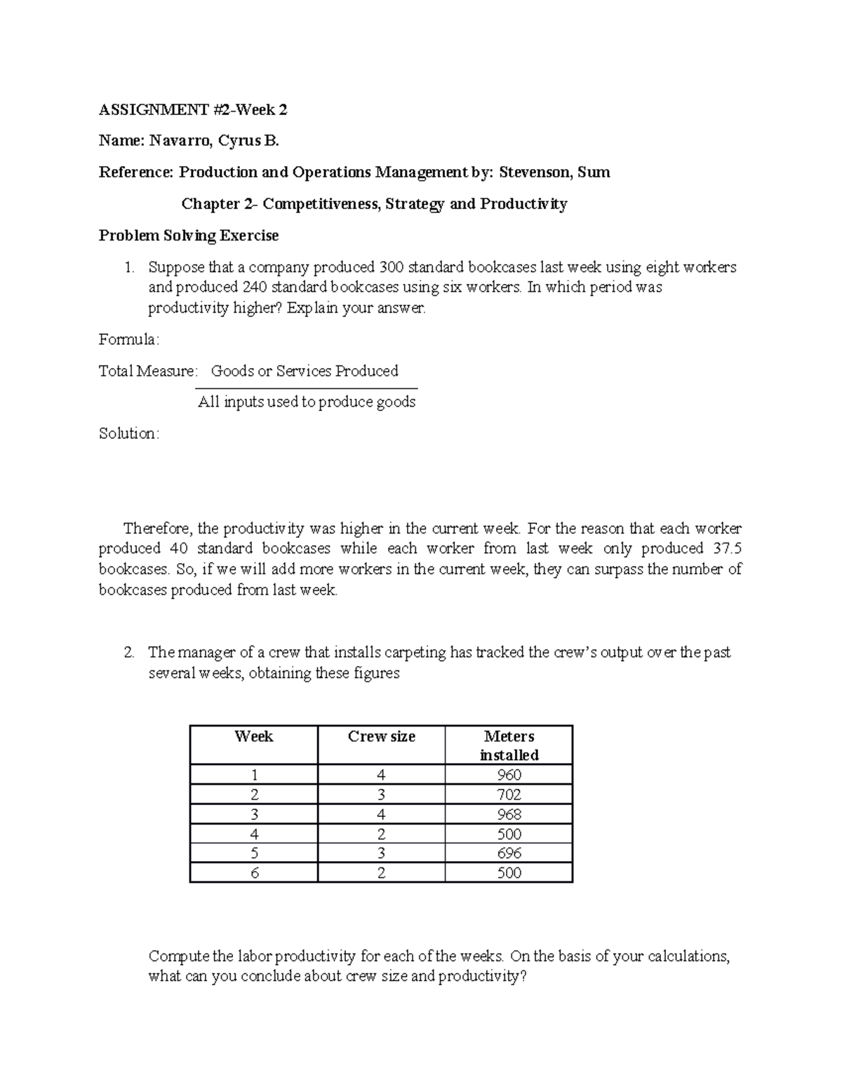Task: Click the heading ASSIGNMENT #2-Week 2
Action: (193, 110)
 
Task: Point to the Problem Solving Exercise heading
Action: (189, 236)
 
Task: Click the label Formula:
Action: (129, 340)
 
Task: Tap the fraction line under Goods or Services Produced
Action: (306, 388)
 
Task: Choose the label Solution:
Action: (129, 434)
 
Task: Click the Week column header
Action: (254, 736)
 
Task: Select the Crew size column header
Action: (382, 736)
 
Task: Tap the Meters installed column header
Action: (509, 745)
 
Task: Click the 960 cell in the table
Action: (509, 775)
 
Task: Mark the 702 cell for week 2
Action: (509, 794)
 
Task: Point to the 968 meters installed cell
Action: (509, 814)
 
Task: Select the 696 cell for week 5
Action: (509, 853)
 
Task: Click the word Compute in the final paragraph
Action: (179, 956)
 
